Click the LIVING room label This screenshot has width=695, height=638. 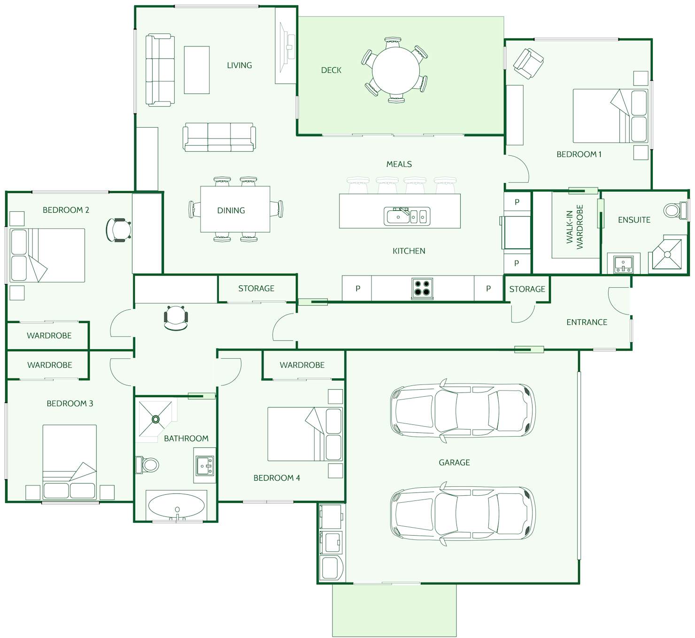tap(239, 65)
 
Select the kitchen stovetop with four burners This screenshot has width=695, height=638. tap(422, 288)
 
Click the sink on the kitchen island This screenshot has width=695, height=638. tap(407, 216)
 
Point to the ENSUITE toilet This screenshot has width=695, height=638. tap(675, 210)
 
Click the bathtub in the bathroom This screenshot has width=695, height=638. tap(177, 505)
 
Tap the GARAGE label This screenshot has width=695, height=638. tap(454, 462)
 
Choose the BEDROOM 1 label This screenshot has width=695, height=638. tap(579, 154)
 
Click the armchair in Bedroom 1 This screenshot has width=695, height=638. tap(528, 63)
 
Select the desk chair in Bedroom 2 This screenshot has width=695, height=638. tap(118, 230)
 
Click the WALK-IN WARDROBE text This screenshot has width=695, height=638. tap(575, 227)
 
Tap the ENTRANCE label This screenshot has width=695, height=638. tap(587, 322)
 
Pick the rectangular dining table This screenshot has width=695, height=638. tap(235, 209)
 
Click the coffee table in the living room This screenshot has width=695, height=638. tap(196, 70)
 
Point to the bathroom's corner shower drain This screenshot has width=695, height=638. tap(155, 419)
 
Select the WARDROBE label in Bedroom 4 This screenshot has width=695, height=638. tap(302, 365)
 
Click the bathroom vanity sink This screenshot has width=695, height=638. tap(205, 466)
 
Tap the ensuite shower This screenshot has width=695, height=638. tap(667, 254)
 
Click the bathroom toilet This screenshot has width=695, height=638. tap(147, 464)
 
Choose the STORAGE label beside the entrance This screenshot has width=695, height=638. tap(527, 289)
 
